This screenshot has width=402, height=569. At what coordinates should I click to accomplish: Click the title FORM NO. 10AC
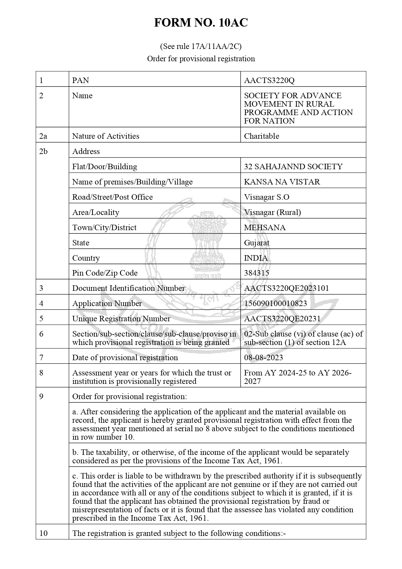(201, 23)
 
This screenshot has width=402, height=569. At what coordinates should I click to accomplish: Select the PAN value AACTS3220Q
(269, 80)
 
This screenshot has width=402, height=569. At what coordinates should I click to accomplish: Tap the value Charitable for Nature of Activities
(261, 136)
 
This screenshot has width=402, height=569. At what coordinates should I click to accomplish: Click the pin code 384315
(256, 273)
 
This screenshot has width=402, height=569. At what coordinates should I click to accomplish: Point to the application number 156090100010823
(275, 303)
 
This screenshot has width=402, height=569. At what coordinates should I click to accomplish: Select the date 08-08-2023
(263, 358)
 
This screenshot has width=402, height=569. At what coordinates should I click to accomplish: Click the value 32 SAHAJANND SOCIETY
(293, 167)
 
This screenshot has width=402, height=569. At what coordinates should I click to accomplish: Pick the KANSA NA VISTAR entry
(282, 182)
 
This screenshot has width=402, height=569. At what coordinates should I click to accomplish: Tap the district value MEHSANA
(265, 228)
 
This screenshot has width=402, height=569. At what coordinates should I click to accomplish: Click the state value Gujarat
(256, 243)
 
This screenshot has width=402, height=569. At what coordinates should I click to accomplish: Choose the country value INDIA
(256, 258)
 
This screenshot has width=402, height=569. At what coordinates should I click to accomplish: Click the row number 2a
(43, 136)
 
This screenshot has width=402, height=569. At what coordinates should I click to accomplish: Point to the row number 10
(43, 533)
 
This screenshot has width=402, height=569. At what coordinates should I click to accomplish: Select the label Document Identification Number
(128, 288)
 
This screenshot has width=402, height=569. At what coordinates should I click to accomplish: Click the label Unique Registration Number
(121, 319)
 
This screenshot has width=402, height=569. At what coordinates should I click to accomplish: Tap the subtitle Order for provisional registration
(201, 59)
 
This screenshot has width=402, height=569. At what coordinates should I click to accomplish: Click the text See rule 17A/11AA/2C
(201, 46)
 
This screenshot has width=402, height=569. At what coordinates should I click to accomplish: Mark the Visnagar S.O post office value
(266, 197)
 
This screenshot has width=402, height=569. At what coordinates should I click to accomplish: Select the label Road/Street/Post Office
(112, 197)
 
